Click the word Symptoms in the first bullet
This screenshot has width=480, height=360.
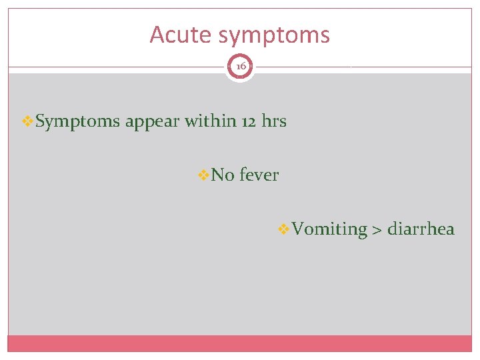[78, 122]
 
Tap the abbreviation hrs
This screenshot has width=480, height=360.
[274, 121]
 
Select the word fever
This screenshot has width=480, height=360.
[259, 175]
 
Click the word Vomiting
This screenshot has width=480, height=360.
[329, 229]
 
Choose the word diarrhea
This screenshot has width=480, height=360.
[421, 229]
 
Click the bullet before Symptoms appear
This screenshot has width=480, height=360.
[27, 122]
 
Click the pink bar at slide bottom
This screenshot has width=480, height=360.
[240, 343]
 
